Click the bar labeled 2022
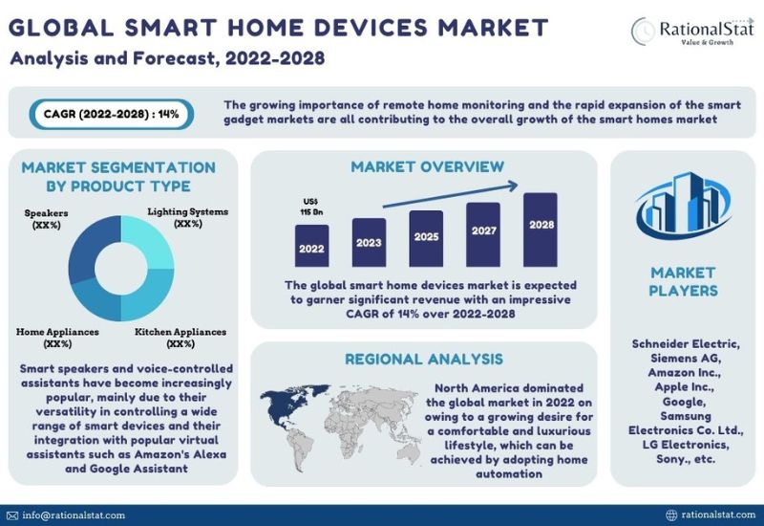pyautogui.click(x=312, y=246)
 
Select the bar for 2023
pyautogui.click(x=369, y=243)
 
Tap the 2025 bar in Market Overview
pyautogui.click(x=426, y=238)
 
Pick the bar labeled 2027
pyautogui.click(x=483, y=234)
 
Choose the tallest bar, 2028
pyautogui.click(x=541, y=230)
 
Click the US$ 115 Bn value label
pyautogui.click(x=311, y=207)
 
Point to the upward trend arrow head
pyautogui.click(x=512, y=186)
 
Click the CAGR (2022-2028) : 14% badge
pyautogui.click(x=112, y=114)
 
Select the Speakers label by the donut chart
pyautogui.click(x=46, y=219)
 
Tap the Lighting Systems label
pyautogui.click(x=187, y=218)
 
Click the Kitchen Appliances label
pyautogui.click(x=180, y=338)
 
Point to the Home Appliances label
pyautogui.click(x=57, y=338)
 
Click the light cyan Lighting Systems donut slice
pyautogui.click(x=150, y=240)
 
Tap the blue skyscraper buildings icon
pyautogui.click(x=684, y=205)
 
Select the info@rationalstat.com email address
pyautogui.click(x=74, y=515)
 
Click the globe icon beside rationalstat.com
pyautogui.click(x=671, y=515)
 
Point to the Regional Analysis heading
pyautogui.click(x=424, y=360)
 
